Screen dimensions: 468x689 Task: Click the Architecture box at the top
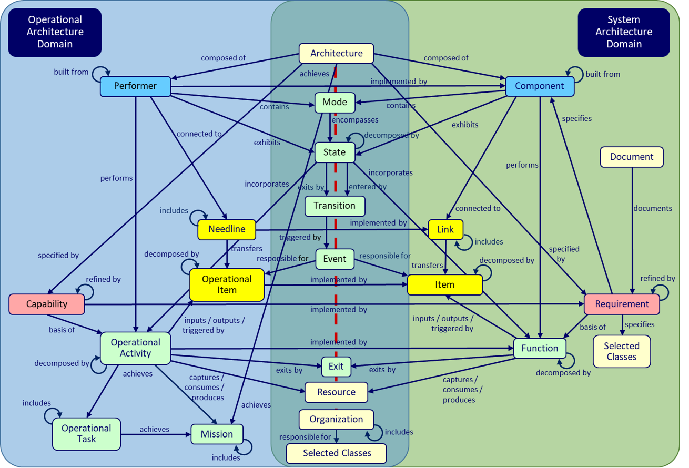336,53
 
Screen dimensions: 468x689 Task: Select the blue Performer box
135,86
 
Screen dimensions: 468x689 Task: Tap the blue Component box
539,86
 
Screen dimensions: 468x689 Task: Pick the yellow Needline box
227,229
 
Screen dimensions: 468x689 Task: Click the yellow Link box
445,229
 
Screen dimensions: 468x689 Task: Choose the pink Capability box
47,304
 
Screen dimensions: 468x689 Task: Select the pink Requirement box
622,304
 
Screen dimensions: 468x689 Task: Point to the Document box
631,157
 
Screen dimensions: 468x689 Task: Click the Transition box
335,206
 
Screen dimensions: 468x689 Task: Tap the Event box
335,259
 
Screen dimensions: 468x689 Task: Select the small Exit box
336,367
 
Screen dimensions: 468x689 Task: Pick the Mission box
217,434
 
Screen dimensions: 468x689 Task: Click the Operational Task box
86,434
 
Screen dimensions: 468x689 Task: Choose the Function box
539,348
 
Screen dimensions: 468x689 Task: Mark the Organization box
336,420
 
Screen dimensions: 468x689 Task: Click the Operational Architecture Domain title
55,32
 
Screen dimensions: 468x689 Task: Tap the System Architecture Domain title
623,32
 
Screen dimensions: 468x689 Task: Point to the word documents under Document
652,208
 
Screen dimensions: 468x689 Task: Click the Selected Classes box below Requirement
621,351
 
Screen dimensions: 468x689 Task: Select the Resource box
336,392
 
